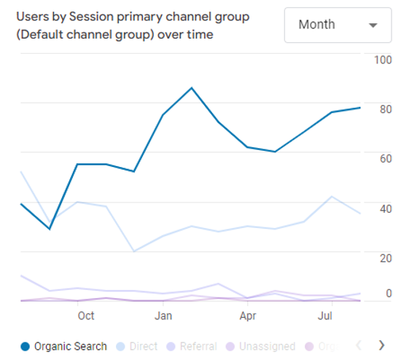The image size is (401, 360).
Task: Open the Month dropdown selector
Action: [338, 25]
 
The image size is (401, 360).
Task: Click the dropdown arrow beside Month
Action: [373, 26]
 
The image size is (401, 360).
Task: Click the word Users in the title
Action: [33, 15]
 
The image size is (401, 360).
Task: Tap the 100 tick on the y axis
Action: [382, 60]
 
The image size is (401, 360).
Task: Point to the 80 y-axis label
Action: [384, 109]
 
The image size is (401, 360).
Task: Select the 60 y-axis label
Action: [384, 159]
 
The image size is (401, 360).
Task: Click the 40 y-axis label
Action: [384, 208]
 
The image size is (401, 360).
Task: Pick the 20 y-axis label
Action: [384, 258]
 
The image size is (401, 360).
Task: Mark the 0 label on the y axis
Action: [389, 293]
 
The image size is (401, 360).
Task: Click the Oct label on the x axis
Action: [86, 316]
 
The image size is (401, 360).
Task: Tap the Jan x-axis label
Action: [163, 316]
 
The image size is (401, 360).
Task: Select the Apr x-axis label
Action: [248, 316]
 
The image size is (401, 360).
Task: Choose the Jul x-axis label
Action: [326, 316]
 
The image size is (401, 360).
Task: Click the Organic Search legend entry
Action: [63, 346]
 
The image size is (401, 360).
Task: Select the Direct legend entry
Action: [136, 346]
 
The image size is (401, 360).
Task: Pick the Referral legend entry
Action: [192, 346]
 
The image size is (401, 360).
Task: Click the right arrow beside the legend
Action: [381, 345]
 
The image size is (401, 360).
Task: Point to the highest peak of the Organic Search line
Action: [191, 88]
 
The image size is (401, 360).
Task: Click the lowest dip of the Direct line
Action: [134, 251]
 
